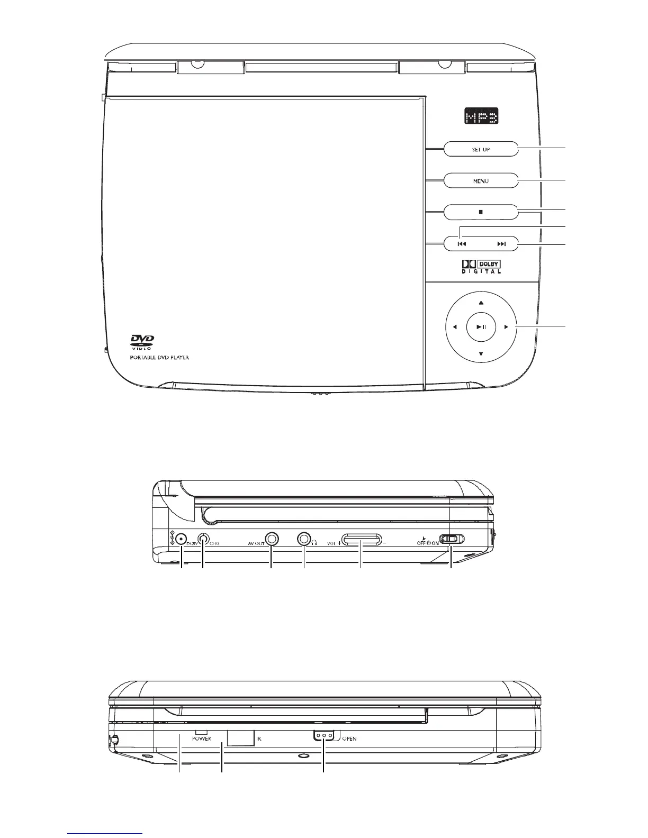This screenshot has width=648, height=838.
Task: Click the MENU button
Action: pyautogui.click(x=481, y=181)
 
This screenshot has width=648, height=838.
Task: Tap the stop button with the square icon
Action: pyautogui.click(x=481, y=212)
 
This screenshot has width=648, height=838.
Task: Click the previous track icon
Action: pyautogui.click(x=462, y=244)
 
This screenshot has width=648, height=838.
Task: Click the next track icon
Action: pyautogui.click(x=501, y=244)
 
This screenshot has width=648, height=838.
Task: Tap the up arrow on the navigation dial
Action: pyautogui.click(x=481, y=303)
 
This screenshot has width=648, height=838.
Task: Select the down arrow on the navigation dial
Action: pyautogui.click(x=481, y=353)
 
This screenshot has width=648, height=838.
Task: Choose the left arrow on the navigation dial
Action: pyautogui.click(x=454, y=327)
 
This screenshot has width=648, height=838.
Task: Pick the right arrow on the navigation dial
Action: pyautogui.click(x=506, y=327)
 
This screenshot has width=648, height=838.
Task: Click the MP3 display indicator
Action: pyautogui.click(x=481, y=116)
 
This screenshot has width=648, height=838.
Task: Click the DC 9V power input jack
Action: pyautogui.click(x=181, y=540)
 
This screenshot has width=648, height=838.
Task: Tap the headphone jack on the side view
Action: pyautogui.click(x=304, y=539)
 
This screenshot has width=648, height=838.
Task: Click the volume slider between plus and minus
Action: pyautogui.click(x=361, y=540)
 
